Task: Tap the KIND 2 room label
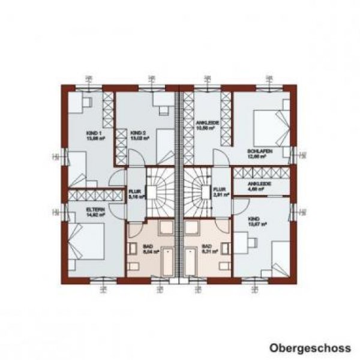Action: [x=140, y=134]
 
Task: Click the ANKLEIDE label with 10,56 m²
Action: [x=206, y=125]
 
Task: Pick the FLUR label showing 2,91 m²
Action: [x=221, y=193]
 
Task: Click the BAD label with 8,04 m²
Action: [x=148, y=249]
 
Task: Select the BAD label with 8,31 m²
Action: [x=207, y=249]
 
